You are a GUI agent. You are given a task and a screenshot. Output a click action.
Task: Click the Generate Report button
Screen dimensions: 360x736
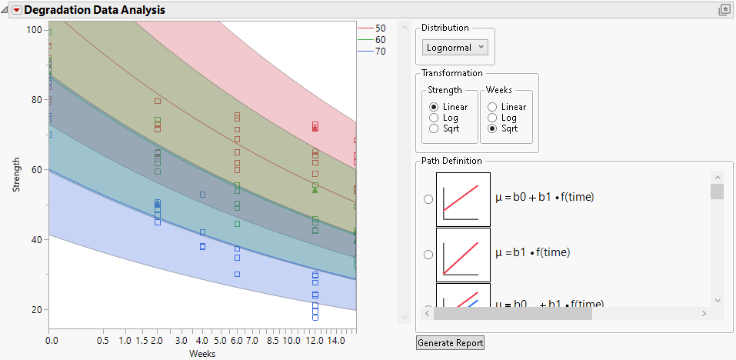450,342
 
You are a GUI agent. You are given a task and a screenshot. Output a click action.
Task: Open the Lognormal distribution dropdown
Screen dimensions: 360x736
456,47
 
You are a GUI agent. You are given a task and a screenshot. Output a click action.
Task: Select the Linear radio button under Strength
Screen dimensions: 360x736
435,107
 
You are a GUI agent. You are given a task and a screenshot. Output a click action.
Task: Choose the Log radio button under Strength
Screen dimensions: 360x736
435,118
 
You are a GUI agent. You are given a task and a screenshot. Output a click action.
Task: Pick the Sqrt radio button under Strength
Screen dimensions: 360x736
435,128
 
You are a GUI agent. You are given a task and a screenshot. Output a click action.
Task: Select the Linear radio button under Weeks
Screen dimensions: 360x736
492,107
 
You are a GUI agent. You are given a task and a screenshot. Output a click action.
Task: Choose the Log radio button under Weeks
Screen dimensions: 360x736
492,118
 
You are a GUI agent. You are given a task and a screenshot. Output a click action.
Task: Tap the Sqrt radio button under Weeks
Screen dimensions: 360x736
492,128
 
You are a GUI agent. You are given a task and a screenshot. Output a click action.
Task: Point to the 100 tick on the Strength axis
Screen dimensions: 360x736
34,29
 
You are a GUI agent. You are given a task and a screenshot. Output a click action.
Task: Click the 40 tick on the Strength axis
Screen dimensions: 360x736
36,240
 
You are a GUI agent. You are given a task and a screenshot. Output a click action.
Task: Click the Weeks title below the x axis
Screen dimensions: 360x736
202,354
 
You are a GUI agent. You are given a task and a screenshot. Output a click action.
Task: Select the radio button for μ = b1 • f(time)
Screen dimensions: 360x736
428,253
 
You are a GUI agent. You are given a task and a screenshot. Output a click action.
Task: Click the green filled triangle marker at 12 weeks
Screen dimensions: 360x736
315,189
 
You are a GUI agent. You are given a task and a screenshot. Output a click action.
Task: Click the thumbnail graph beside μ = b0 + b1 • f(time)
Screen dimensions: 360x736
463,199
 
